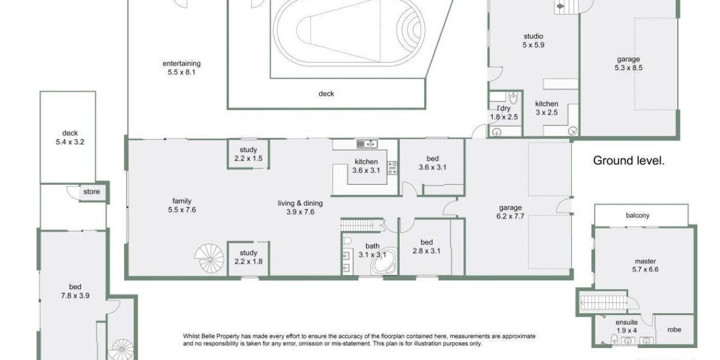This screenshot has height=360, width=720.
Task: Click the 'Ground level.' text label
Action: (628, 161)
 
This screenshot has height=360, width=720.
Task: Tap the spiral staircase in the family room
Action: (211, 259)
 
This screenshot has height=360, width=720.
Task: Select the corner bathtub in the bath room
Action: (379, 262)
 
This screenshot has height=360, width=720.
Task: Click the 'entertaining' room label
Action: (181, 64)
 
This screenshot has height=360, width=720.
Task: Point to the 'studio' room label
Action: (533, 35)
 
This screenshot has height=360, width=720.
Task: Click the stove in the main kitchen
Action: (392, 168)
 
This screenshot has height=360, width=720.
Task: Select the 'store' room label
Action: (91, 193)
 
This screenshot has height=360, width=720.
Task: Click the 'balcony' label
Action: (637, 215)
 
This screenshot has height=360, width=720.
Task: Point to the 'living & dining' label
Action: (296, 203)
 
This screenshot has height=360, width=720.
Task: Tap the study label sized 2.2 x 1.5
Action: (248, 150)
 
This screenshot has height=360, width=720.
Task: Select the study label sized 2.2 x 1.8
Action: (248, 253)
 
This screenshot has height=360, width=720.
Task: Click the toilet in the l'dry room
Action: (513, 99)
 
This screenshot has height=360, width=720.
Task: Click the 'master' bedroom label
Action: (646, 261)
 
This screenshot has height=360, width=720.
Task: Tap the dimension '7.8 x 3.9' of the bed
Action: (75, 295)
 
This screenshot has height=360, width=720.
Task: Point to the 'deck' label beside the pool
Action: (326, 94)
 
